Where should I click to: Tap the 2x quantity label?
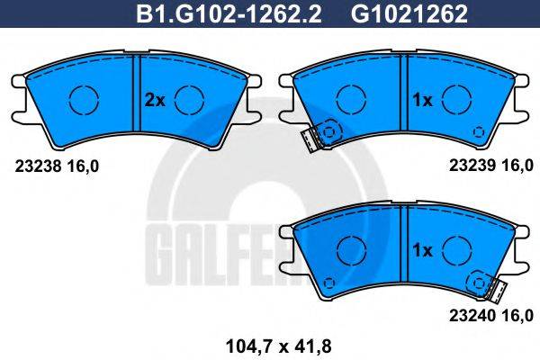click(155, 101)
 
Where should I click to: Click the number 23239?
click(467, 166)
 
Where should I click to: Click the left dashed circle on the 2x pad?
click(83, 97)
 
